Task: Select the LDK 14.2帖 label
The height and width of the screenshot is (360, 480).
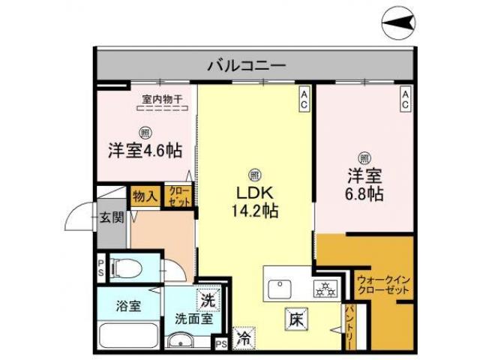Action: click(254, 202)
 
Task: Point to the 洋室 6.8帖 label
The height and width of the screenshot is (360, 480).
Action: click(364, 184)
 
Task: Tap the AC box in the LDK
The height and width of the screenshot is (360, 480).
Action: click(304, 100)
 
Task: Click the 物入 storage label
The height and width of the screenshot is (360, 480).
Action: click(145, 197)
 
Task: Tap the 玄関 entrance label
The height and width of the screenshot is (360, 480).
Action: click(112, 218)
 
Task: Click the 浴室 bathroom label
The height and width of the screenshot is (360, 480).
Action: click(127, 306)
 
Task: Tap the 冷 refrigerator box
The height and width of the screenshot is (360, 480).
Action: click(244, 339)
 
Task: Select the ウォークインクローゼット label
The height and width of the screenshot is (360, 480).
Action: click(382, 286)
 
